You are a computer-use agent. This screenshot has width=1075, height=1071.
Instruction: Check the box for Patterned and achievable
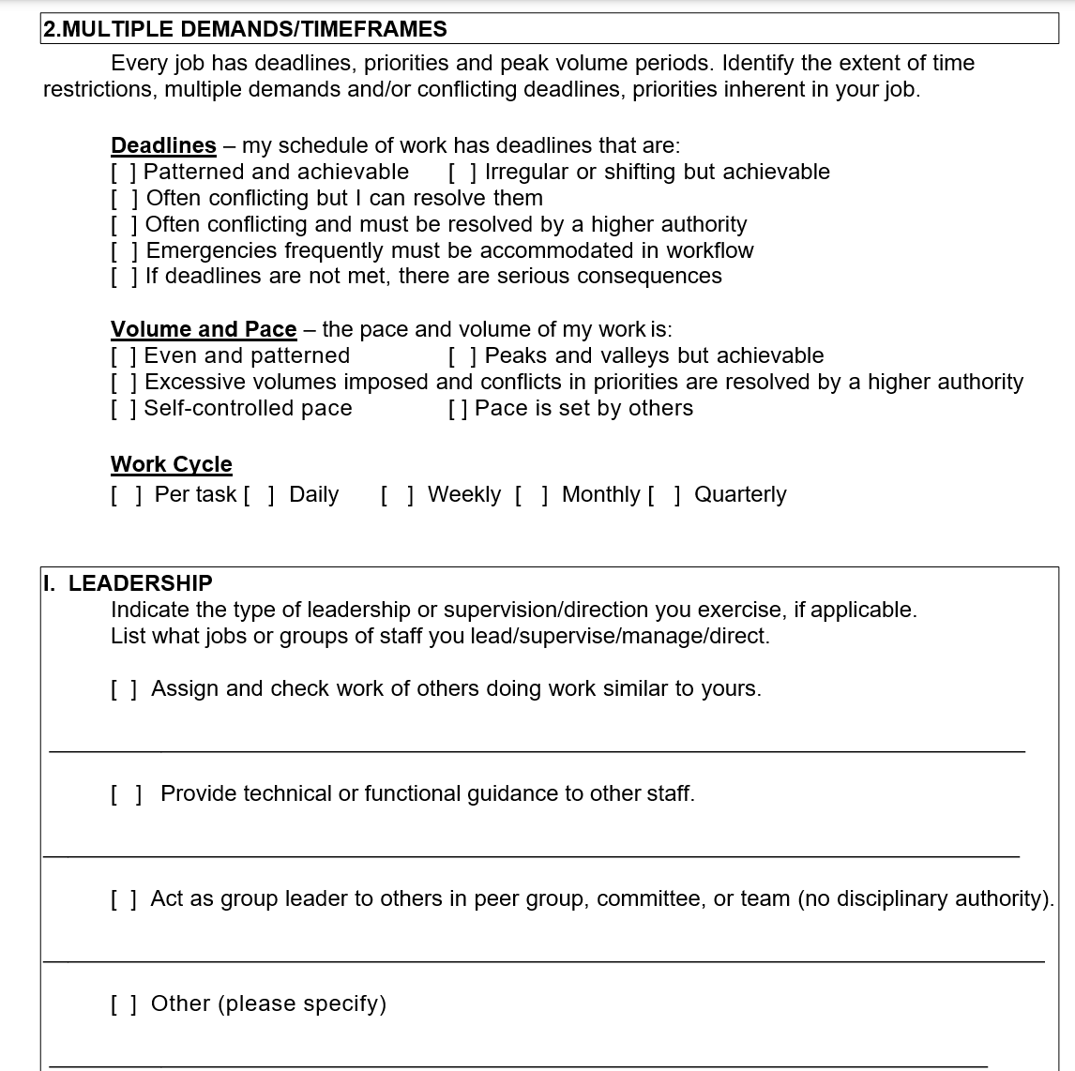[124, 173]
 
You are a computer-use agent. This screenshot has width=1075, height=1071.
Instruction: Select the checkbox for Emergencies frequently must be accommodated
[125, 251]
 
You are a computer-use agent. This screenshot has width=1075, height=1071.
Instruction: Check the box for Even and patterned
[124, 356]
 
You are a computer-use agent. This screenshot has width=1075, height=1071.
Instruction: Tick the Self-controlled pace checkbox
[124, 409]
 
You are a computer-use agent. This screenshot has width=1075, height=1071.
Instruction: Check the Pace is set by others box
[459, 409]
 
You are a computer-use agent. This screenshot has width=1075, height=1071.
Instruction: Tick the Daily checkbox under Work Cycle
[259, 495]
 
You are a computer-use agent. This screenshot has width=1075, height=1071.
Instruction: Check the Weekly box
[397, 495]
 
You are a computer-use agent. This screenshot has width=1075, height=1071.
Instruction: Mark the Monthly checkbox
[532, 495]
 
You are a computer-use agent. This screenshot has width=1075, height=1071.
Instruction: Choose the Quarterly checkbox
[664, 495]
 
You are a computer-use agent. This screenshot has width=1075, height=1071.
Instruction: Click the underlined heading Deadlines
[163, 145]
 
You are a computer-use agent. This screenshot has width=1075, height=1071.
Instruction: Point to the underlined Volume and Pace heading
[204, 329]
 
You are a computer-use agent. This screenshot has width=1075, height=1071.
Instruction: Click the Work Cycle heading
[172, 464]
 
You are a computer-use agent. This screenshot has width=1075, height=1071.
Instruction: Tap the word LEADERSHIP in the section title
[140, 583]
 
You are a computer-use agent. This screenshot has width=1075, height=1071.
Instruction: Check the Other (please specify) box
[125, 1004]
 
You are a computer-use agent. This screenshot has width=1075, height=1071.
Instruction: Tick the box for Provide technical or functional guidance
[126, 794]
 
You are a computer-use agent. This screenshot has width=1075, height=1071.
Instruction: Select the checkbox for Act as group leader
[125, 899]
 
